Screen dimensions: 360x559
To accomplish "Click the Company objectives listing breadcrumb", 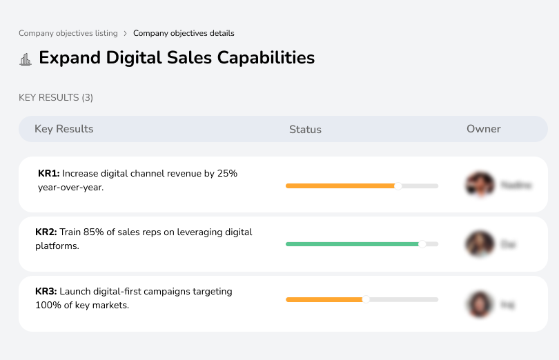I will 68,33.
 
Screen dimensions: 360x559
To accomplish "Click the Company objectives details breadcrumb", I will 184,33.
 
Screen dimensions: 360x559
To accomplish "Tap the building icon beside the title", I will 26,59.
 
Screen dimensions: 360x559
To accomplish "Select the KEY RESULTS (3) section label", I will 56,98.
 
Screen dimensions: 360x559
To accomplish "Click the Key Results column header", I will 64,129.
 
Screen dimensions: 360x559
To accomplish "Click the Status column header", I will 305,129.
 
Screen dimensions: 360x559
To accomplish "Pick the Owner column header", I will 483,129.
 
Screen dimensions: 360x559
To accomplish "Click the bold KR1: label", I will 49,174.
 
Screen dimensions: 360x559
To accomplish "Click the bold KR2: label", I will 46,232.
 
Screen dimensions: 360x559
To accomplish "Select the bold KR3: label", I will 46,292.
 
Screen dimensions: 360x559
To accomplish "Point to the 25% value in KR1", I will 227,174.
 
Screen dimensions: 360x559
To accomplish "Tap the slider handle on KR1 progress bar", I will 398,186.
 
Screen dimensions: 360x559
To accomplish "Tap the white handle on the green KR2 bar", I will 422,244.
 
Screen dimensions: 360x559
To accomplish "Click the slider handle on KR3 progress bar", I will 366,299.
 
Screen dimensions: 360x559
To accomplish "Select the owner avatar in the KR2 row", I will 480,244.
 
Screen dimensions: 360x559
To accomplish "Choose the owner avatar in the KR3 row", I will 480,304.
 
